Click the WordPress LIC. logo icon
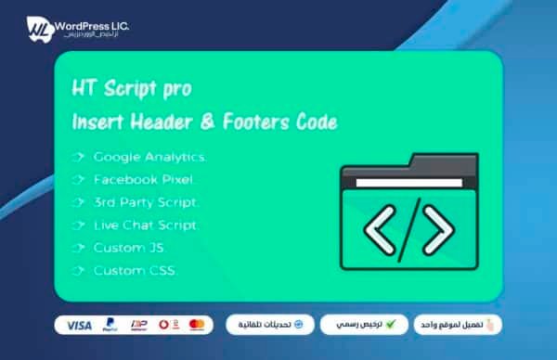click(x=38, y=27)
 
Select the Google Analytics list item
click(x=149, y=157)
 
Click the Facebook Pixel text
click(x=143, y=179)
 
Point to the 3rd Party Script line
click(x=145, y=201)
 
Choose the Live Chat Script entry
click(x=146, y=225)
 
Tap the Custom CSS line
click(x=135, y=271)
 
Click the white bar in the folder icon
click(x=408, y=182)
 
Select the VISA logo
click(x=79, y=326)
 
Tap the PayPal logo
click(x=110, y=326)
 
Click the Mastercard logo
click(x=196, y=326)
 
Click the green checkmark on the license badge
click(x=391, y=325)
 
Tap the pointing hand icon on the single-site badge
click(x=493, y=325)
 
